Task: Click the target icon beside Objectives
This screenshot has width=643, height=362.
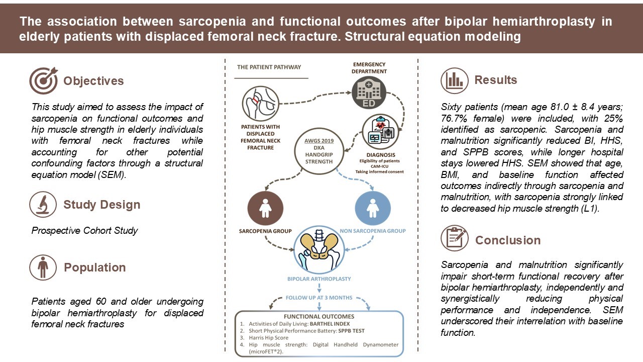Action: click(x=43, y=80)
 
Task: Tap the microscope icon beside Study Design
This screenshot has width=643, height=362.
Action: click(x=43, y=204)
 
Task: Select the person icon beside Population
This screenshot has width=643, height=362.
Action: click(x=43, y=267)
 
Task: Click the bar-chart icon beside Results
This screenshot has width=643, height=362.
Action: click(x=455, y=80)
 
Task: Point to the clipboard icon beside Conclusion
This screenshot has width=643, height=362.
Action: click(x=455, y=239)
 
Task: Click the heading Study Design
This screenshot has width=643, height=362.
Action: click(x=101, y=205)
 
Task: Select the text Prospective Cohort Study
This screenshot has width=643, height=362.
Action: click(x=85, y=231)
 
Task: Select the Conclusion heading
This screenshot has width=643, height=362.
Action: click(x=508, y=240)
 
